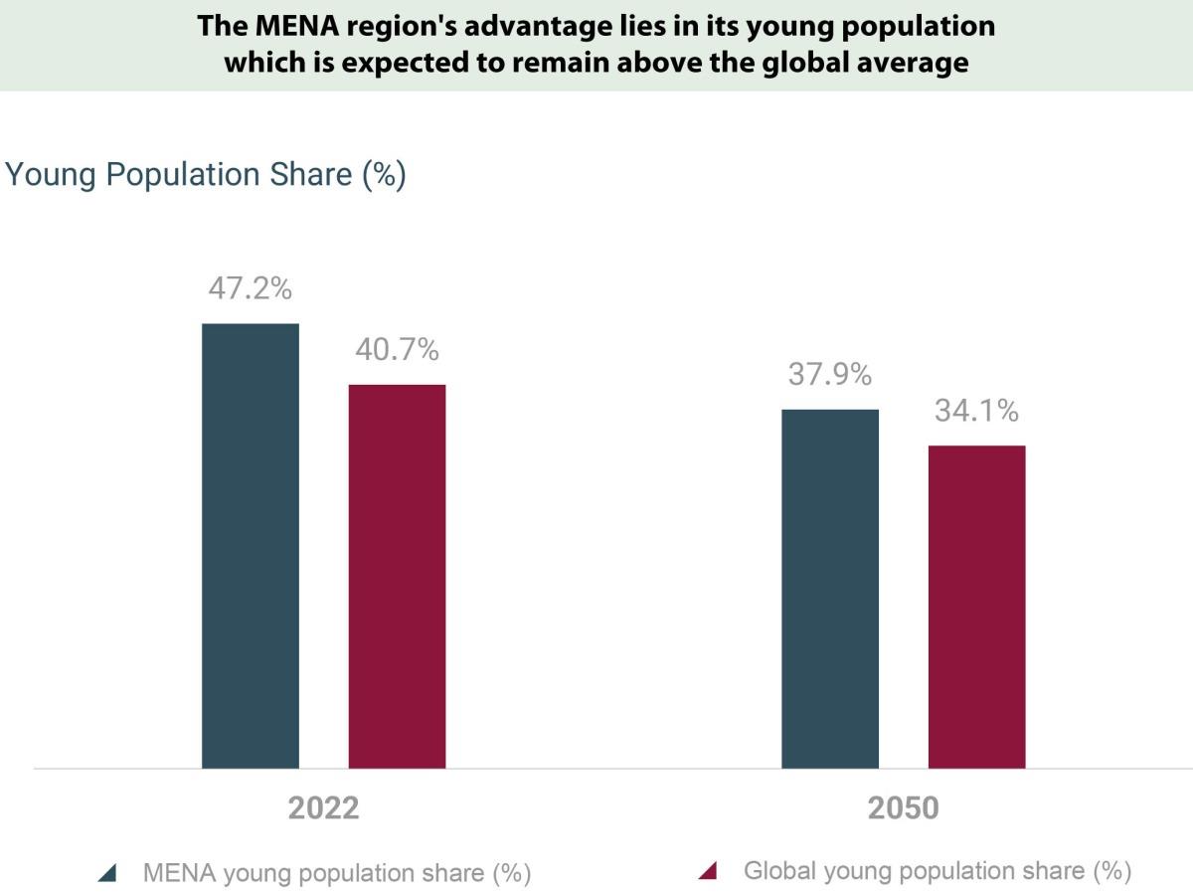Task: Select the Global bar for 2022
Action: tap(397, 576)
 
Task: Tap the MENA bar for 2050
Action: tap(830, 588)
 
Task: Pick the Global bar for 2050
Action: tap(976, 607)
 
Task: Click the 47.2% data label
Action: tap(250, 288)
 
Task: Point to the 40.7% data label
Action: tap(397, 349)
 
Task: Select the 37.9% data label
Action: tap(830, 375)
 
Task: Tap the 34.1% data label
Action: tap(976, 411)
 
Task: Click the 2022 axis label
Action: tap(323, 807)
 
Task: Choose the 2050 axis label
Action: tap(903, 807)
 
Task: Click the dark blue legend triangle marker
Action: tap(108, 874)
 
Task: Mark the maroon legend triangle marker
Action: tap(708, 872)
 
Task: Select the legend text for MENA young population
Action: tap(337, 873)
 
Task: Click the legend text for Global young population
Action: tap(937, 871)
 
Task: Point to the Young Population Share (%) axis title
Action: tap(206, 174)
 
